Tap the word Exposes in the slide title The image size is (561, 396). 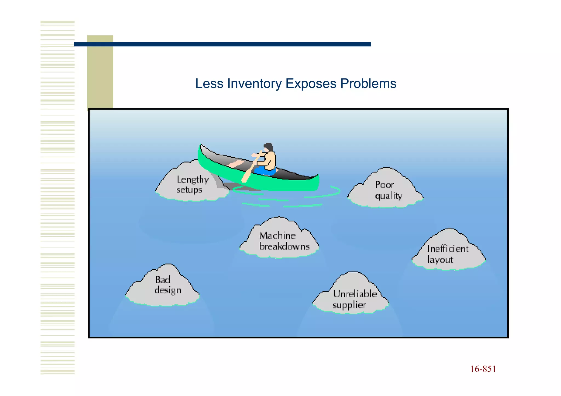coord(311,84)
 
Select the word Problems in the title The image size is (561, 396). coord(368,84)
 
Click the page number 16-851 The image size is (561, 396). coord(483,369)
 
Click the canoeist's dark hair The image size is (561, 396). coord(268,147)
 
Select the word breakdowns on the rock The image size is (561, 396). coord(284,246)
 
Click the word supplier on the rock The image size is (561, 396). coord(349,305)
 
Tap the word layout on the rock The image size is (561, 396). coord(440,259)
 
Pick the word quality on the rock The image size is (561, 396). coord(388,196)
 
